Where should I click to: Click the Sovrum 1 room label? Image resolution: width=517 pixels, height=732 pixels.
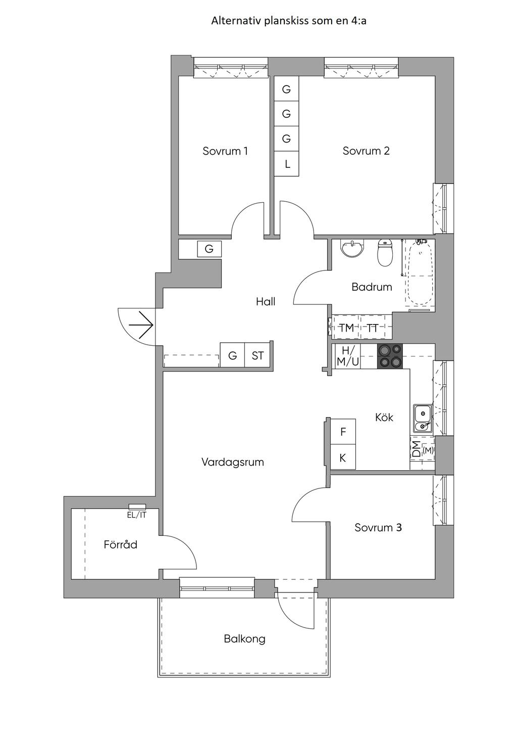225,151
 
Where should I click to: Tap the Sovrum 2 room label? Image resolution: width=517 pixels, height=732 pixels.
366,151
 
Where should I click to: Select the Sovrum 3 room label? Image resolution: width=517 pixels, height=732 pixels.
378,527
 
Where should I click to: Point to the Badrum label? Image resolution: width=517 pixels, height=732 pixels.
372,287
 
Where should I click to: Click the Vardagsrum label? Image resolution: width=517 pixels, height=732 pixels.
233,462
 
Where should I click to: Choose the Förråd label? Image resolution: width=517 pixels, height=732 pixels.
121,545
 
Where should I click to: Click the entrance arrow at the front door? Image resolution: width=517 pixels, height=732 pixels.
141,325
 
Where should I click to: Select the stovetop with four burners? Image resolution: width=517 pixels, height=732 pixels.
390,356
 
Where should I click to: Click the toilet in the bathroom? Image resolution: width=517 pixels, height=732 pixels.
385,252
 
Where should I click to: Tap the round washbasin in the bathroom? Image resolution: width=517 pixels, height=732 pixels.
351,249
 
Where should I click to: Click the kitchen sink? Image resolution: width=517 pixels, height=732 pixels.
423,418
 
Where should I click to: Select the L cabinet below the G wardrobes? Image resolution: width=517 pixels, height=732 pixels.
287,164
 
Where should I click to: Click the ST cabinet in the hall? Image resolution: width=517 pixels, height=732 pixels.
257,355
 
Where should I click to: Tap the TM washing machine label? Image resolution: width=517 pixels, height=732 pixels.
346,328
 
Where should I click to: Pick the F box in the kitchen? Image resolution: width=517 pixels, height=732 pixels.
343,432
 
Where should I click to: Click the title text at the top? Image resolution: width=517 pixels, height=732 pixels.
289,21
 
